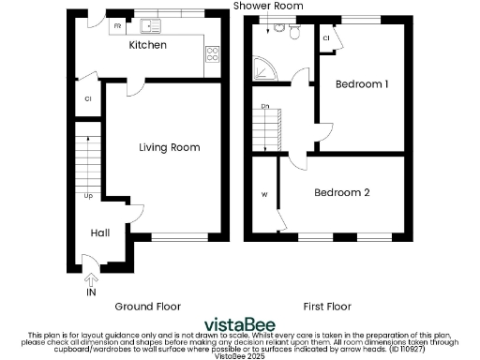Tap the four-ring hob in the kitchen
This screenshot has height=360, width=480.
click(213, 52)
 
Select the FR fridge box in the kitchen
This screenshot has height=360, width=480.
click(118, 26)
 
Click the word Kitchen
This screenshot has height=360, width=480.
click(147, 45)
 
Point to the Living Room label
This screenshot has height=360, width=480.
click(169, 147)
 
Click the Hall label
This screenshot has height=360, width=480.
click(100, 232)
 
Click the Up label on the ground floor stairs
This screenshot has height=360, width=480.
click(88, 196)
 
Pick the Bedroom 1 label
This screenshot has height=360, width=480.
click(362, 84)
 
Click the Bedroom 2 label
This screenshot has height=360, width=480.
click(341, 192)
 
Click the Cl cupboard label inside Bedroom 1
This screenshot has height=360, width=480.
click(325, 38)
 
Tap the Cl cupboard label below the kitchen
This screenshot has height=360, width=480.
click(87, 97)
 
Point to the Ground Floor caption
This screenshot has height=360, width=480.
click(147, 307)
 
